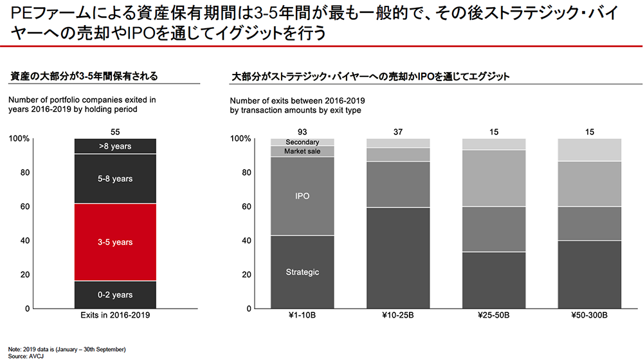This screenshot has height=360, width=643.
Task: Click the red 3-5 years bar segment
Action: tap(115, 242)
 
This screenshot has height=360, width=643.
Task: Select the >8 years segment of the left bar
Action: tap(115, 147)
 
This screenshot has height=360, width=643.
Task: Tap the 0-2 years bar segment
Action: tap(115, 295)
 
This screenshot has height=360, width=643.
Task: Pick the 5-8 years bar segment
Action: tap(115, 179)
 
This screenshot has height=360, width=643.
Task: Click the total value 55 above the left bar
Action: tap(116, 132)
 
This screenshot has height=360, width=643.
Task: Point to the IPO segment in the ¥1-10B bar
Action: tap(302, 196)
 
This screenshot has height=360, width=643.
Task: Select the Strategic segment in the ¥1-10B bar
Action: tap(302, 272)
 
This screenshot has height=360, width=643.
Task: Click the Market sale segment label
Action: tap(302, 151)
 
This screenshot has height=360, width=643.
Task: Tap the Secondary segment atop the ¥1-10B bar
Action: tap(302, 142)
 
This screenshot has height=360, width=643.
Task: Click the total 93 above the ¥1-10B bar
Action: tap(302, 132)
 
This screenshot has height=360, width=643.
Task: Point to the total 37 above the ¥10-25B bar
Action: tap(398, 132)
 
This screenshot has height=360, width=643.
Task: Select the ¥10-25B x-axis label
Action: tap(398, 316)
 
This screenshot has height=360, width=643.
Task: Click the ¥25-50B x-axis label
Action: tap(494, 316)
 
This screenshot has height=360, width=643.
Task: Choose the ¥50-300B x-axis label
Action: tap(590, 316)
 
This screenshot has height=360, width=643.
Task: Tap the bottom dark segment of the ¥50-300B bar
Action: tap(590, 274)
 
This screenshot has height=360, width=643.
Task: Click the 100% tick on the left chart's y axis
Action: tap(21, 139)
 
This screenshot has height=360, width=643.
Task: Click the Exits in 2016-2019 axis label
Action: tap(116, 316)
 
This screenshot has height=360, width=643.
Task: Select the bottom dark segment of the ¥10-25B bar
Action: tap(398, 258)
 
